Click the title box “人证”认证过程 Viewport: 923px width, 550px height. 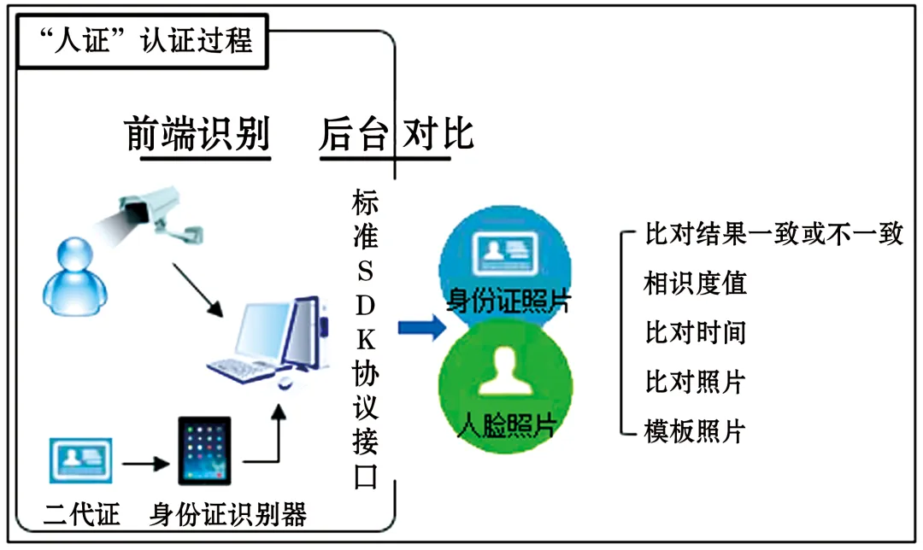pos(143,41)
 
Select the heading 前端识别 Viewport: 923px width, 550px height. pos(197,133)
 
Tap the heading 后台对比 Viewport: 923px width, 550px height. pos(397,133)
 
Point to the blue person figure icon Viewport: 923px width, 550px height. pos(74,277)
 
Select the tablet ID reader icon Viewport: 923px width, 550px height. pos(204,451)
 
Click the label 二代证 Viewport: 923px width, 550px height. pos(82,514)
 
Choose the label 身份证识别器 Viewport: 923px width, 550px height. pos(228,514)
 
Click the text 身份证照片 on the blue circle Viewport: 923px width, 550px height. pos(509,301)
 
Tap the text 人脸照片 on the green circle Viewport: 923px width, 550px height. pos(507,424)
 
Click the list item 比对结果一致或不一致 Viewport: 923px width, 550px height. pos(773,233)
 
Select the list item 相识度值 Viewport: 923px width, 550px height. pos(695,283)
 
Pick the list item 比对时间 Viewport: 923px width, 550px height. pos(695,332)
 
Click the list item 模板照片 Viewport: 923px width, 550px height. pos(695,431)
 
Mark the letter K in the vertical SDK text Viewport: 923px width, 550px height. pos(366,340)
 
